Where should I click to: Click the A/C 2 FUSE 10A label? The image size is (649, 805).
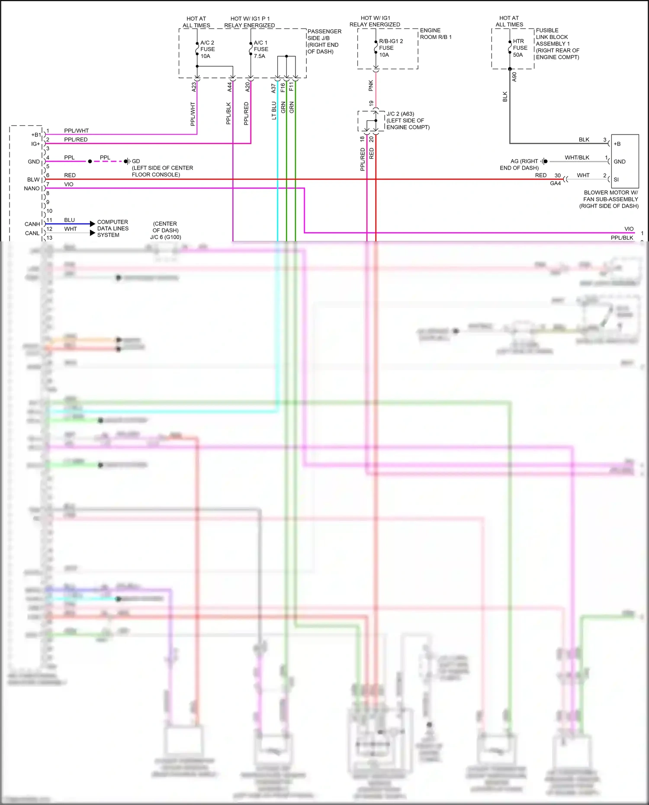(207, 49)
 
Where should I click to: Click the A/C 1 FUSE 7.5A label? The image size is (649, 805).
(260, 49)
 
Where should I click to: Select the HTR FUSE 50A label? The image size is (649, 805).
(520, 48)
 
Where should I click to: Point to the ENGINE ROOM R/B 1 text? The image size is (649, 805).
(435, 34)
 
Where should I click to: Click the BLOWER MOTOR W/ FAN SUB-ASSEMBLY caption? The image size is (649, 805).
(610, 199)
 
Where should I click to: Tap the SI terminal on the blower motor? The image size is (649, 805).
(616, 180)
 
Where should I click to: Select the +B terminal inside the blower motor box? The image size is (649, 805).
(617, 144)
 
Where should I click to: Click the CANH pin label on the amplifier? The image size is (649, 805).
(32, 224)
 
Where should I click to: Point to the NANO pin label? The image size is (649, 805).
(32, 189)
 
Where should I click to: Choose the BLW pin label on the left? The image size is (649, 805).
(33, 180)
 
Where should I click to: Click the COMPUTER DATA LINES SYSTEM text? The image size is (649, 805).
(112, 228)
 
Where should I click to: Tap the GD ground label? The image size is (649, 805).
(136, 161)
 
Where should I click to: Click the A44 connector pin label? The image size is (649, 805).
(230, 87)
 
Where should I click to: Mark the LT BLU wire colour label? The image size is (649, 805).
(274, 110)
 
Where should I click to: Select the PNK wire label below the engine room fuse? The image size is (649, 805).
(371, 86)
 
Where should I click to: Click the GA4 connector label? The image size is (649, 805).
(555, 183)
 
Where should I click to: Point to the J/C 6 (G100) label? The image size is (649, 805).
(165, 237)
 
